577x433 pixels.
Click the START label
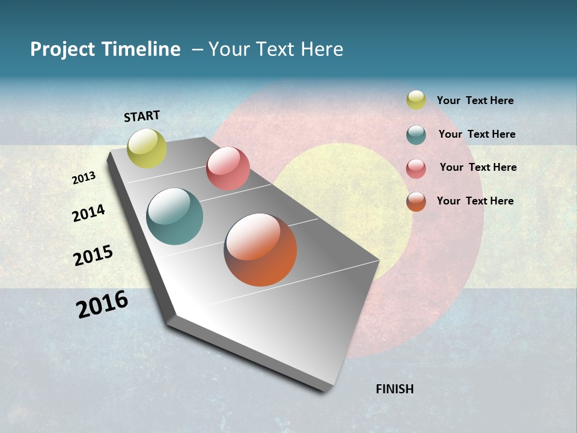(142, 116)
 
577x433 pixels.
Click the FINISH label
(394, 389)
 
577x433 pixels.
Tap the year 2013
(84, 178)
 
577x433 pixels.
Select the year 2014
(88, 213)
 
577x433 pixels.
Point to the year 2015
(93, 256)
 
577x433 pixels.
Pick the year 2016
(102, 304)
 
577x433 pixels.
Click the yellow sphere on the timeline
(147, 149)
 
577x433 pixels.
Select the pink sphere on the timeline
(228, 168)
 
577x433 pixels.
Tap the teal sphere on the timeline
(175, 216)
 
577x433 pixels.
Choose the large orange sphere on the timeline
(260, 250)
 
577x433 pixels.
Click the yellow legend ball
(416, 100)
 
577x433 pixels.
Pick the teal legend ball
(416, 135)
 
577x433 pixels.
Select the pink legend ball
(416, 168)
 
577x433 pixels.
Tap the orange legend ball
(416, 201)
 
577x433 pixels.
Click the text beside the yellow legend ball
(475, 101)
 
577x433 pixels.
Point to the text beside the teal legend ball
(477, 134)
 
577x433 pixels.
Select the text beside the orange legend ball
(475, 201)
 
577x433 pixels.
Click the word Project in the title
(62, 49)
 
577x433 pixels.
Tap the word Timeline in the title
(141, 49)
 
